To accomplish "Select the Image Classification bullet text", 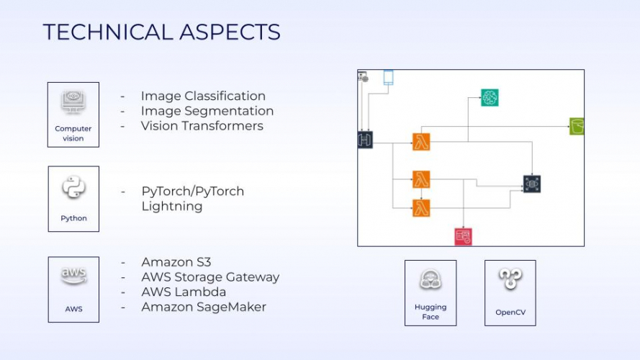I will [x=203, y=96].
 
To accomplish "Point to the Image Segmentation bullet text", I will [x=207, y=111].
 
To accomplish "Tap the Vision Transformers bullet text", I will [x=202, y=126].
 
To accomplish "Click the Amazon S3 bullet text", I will [x=176, y=262].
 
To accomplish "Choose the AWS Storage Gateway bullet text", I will [x=210, y=277].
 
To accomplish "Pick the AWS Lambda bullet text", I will [x=184, y=292].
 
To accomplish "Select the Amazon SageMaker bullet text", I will [x=204, y=307].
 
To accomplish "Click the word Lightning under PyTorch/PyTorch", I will [x=172, y=207].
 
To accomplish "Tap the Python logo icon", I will [x=73, y=189].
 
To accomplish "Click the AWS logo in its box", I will [x=73, y=276].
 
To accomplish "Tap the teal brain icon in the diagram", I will [x=490, y=97].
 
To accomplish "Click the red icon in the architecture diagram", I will [x=463, y=235].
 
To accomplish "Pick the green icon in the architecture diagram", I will [x=577, y=126].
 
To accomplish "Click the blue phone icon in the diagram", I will [x=388, y=78].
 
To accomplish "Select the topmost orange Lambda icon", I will [x=421, y=142].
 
